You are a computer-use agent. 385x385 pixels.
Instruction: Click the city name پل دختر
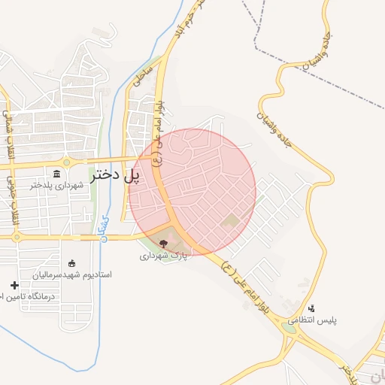116,176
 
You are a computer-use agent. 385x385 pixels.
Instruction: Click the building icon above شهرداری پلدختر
57,174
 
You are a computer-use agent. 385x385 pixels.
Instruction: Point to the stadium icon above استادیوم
71,263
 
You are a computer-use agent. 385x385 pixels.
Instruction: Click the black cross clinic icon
14,285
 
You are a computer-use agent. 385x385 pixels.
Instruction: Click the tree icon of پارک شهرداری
164,243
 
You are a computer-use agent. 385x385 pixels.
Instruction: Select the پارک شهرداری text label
162,256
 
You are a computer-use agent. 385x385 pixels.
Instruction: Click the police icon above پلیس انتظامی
312,308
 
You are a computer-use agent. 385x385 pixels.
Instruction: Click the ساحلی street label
142,76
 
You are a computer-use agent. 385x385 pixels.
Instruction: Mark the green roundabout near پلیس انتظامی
289,327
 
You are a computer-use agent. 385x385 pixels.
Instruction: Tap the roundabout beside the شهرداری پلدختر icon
67,162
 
